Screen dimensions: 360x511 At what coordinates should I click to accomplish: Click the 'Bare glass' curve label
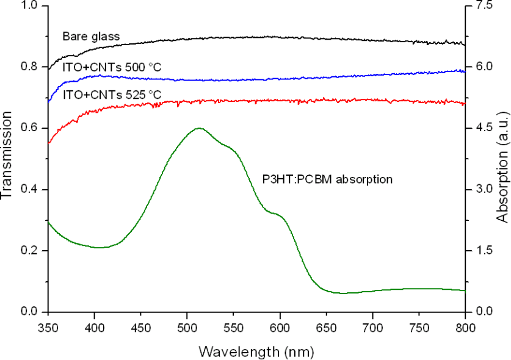click(x=90, y=37)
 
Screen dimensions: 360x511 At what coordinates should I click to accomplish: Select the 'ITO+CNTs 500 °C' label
click(x=112, y=67)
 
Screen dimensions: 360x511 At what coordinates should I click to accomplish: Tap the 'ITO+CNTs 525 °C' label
click(x=112, y=95)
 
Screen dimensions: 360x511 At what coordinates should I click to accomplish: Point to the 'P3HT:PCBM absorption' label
click(x=322, y=180)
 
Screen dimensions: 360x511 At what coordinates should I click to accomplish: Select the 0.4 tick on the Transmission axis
click(x=29, y=189)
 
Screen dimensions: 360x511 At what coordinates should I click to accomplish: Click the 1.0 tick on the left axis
click(x=29, y=5)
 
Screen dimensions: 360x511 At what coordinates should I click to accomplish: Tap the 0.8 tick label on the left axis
click(x=29, y=67)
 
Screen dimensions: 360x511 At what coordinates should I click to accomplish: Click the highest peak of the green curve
click(x=199, y=128)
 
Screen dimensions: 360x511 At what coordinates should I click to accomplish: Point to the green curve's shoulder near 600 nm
click(x=276, y=214)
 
